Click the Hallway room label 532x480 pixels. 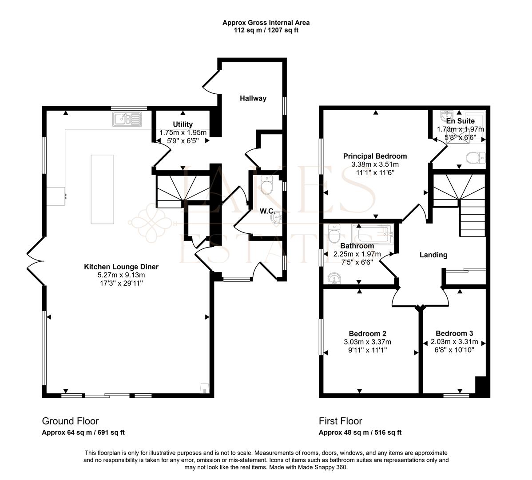tap(253, 98)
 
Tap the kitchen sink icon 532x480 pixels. tap(127, 119)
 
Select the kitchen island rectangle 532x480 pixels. tap(102, 189)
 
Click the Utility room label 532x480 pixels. tap(183, 124)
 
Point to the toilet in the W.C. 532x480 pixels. tap(267, 186)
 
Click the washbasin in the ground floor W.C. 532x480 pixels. tap(276, 218)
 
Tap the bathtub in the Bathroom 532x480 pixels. tap(372, 233)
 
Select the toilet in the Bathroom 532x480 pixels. tap(334, 233)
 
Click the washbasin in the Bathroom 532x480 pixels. tap(333, 279)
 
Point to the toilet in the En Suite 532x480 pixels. tap(476, 157)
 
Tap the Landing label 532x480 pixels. tap(433, 255)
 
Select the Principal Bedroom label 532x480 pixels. tap(375, 156)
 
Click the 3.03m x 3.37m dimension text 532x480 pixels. tap(367, 342)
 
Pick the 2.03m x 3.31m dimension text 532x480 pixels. tap(454, 342)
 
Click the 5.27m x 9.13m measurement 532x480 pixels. tap(121, 275)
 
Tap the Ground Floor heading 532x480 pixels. tap(70, 421)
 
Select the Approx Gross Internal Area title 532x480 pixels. tap(266, 23)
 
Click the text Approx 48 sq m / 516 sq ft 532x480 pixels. tap(360, 432)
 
